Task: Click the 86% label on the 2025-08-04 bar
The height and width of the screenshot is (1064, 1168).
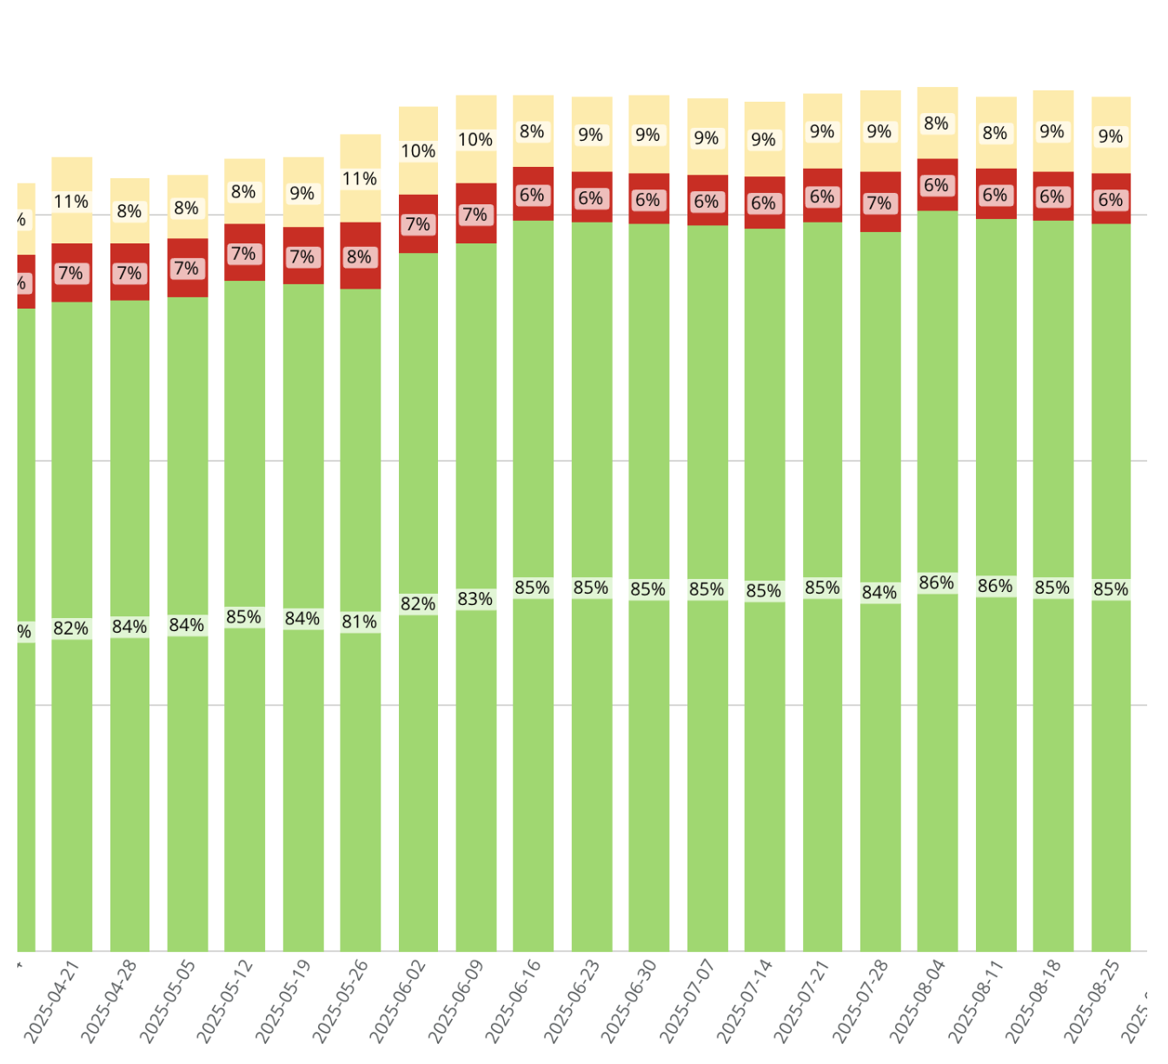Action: coord(937,582)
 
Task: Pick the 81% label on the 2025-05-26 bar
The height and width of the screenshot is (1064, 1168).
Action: coord(360,622)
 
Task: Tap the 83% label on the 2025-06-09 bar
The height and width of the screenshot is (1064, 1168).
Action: coord(475,599)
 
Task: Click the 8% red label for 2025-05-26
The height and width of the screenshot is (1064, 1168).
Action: coord(360,256)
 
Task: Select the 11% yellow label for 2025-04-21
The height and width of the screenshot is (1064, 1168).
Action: coord(71,202)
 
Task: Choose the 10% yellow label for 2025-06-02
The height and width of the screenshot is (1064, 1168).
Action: coord(418,151)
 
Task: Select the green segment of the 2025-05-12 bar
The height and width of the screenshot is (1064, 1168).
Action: coord(244,435)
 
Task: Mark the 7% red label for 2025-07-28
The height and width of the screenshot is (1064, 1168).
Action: coord(879,203)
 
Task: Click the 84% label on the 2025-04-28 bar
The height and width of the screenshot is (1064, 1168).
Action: coord(129,627)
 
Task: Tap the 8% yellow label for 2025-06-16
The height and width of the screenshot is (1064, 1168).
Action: coord(532,132)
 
